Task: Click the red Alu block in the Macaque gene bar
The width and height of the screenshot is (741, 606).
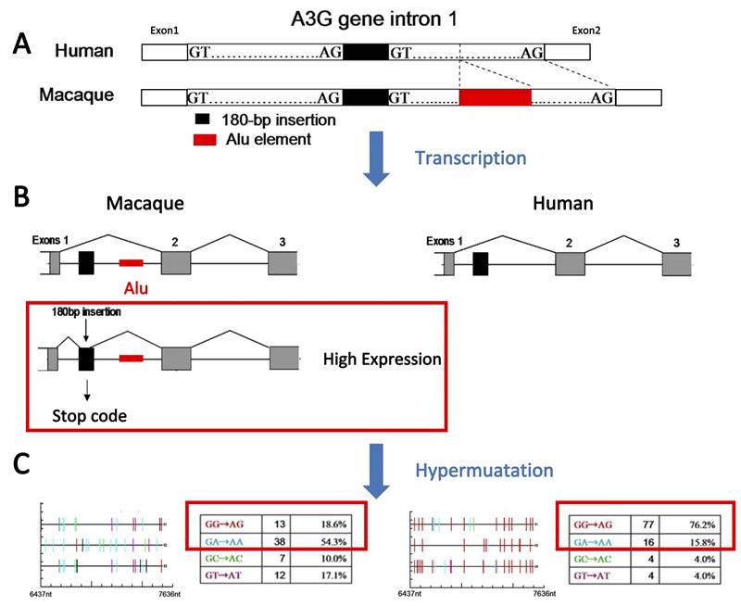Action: pos(496,96)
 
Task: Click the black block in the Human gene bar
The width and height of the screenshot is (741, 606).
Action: pos(365,54)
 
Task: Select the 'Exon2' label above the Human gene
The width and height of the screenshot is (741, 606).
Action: pos(586,31)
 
